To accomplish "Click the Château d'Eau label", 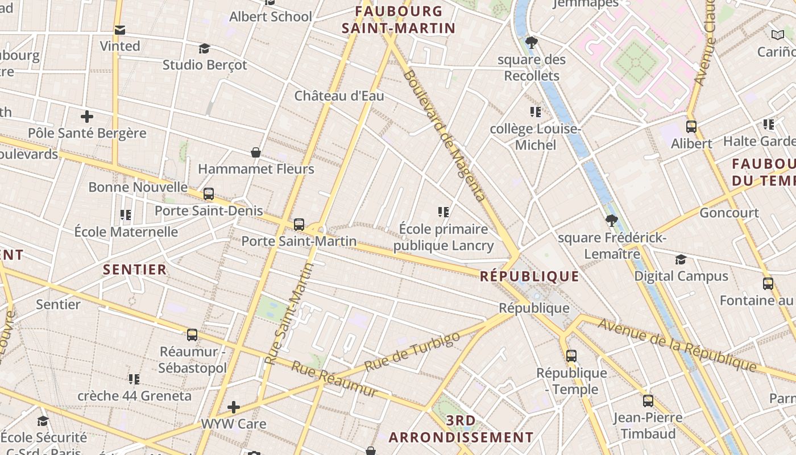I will pos(339,96).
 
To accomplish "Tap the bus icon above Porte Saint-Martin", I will pos(299,225).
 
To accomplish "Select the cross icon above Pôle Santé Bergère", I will pos(87,117).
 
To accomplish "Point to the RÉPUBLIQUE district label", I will pos(529,276).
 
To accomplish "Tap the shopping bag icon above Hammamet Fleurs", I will pos(256,152).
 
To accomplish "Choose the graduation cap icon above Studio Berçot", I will pos(204,48).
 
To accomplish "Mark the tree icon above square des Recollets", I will pos(532,42).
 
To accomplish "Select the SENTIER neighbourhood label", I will pos(135,270).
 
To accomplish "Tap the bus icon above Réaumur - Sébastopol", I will pos(192,335).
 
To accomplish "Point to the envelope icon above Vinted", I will pos(120,30).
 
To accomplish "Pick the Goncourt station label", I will pos(729,213).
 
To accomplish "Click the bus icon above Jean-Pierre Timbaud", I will pos(648,401).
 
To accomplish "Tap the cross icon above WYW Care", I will pos(233,407).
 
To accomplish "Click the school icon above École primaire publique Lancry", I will pos(443,212).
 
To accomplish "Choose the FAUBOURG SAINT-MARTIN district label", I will pos(399,19).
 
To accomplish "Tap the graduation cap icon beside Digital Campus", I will pos(681,260).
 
